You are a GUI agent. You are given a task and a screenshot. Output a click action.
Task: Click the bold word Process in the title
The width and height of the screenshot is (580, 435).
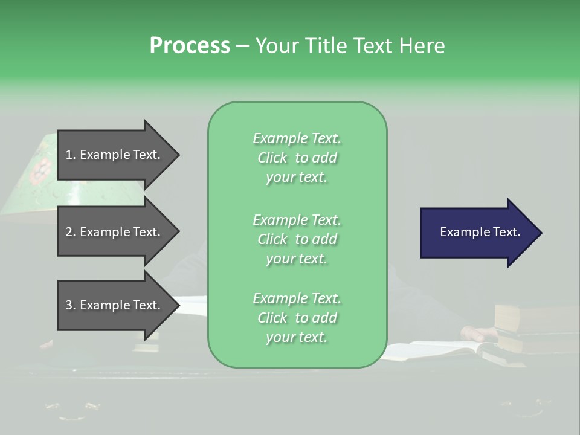pyautogui.click(x=190, y=46)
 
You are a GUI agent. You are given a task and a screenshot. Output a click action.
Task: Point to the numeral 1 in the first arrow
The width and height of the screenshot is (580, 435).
pyautogui.click(x=68, y=155)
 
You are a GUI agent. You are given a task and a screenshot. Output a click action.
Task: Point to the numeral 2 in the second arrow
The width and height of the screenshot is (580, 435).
pyautogui.click(x=68, y=232)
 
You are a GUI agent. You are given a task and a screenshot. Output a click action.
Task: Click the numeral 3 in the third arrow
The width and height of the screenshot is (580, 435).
pyautogui.click(x=68, y=305)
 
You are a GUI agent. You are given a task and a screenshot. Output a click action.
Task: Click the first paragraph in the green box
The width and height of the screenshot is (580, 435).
pyautogui.click(x=297, y=158)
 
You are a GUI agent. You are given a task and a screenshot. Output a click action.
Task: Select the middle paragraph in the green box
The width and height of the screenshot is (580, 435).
pyautogui.click(x=297, y=239)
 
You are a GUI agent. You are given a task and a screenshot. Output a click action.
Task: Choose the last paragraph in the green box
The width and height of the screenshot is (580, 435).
pyautogui.click(x=297, y=318)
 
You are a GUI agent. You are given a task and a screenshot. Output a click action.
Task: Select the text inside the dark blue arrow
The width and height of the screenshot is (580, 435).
pyautogui.click(x=480, y=232)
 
